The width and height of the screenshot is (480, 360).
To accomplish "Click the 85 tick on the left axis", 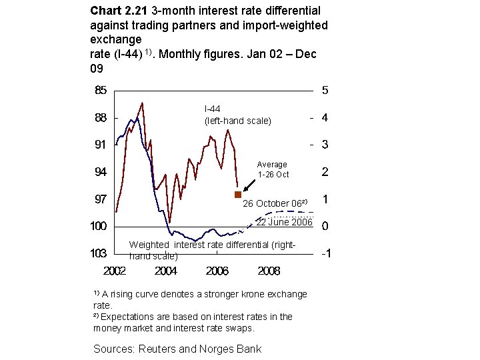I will click(99, 90).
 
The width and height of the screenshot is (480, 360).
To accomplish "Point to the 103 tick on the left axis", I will click(99, 253).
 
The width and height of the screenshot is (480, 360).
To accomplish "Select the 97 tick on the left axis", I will click(99, 199).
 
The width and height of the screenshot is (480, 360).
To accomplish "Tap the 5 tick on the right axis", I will click(325, 90).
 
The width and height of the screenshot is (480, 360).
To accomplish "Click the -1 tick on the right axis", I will click(327, 254).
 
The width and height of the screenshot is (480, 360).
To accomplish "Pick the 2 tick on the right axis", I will click(325, 172).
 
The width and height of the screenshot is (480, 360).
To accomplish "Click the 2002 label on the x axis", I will click(115, 271).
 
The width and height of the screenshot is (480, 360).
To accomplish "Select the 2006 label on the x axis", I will click(217, 271).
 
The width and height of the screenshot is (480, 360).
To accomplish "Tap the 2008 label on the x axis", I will click(269, 271).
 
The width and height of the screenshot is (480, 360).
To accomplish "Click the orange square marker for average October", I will click(237, 195).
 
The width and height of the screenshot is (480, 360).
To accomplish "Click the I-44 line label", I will click(213, 109).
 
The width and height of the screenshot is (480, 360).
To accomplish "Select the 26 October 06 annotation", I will click(274, 203).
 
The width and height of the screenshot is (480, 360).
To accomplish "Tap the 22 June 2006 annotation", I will click(284, 222).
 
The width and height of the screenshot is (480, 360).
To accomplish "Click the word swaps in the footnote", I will click(243, 328).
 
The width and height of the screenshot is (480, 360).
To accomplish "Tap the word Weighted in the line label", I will click(149, 245).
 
